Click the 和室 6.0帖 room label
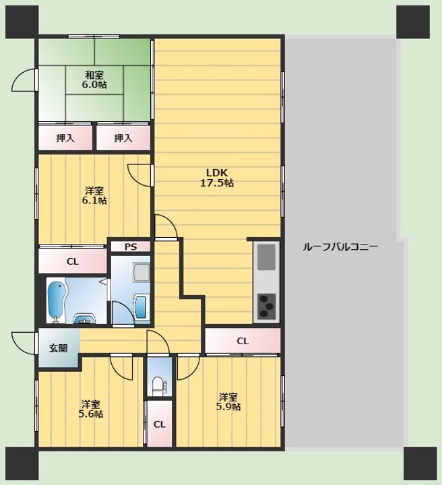pos(94,79)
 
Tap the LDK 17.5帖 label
pos(217,178)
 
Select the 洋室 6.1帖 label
pos(94,195)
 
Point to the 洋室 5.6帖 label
pos(91,409)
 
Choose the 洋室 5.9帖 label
pos(228,401)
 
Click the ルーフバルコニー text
pos(340,247)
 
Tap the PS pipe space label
pos(131,247)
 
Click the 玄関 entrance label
pos(58,348)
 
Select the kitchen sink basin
pos(266,257)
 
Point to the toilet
pos(159,386)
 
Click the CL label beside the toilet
pos(160,424)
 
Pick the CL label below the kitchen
pos(243,341)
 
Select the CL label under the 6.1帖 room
pos(73,261)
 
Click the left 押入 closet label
pos(65,138)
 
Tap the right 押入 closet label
pos(123,138)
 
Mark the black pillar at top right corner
pos(413,22)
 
